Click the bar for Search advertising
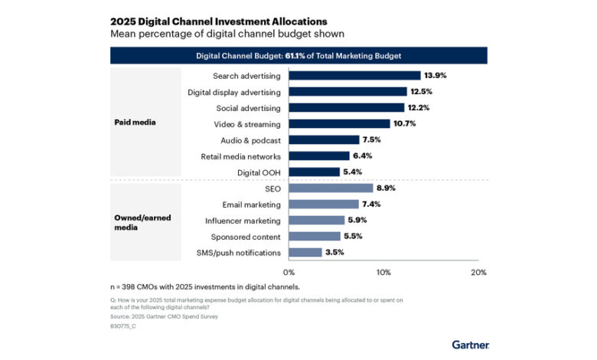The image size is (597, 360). [354, 76]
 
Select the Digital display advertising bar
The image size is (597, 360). [347, 92]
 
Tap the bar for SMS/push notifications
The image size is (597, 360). [305, 253]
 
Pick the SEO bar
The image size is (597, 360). [331, 188]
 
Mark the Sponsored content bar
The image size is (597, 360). [315, 237]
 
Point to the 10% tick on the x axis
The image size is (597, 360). [383, 272]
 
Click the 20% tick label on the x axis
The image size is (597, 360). [478, 272]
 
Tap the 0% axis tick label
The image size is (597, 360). [289, 272]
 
